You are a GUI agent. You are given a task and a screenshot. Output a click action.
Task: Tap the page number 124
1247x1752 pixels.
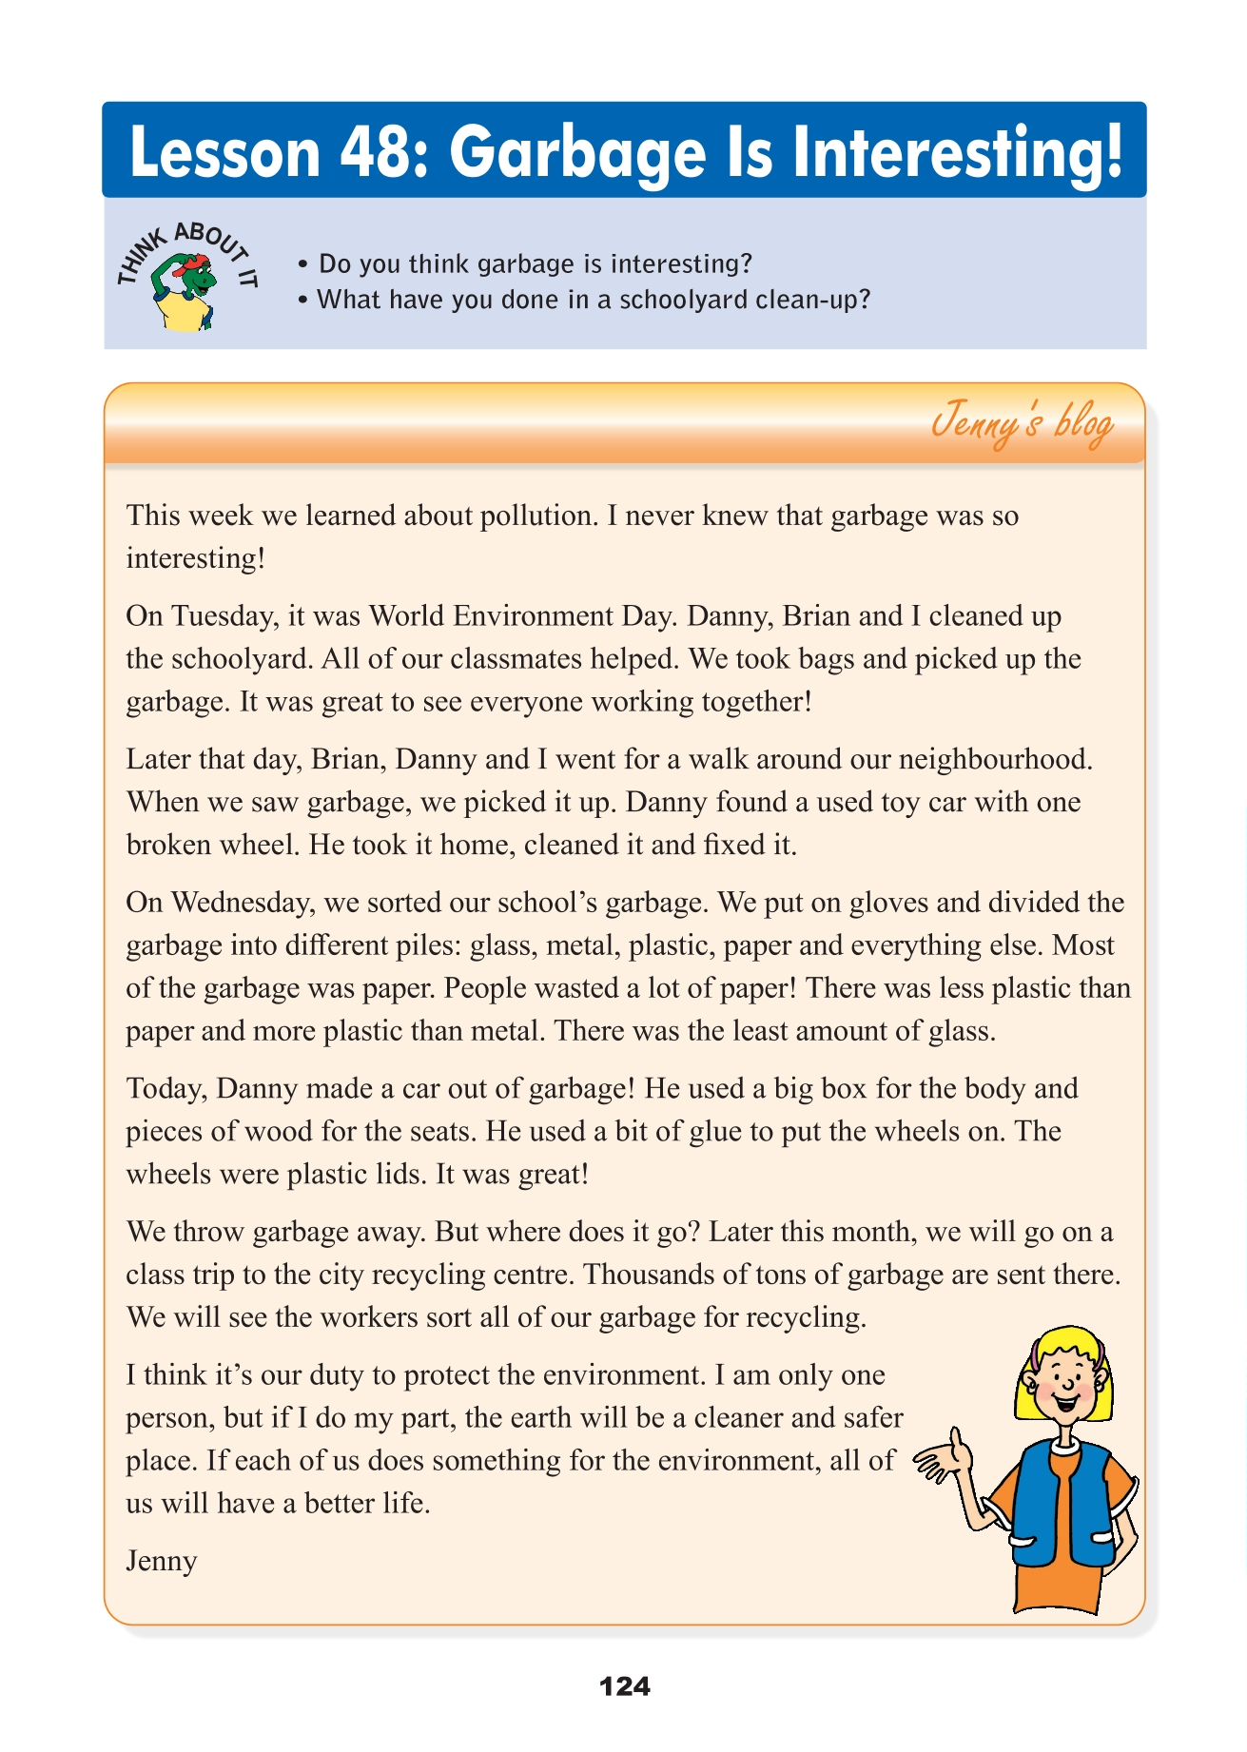[625, 1686]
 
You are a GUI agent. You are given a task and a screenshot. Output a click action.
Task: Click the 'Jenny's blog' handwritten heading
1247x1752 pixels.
[1022, 423]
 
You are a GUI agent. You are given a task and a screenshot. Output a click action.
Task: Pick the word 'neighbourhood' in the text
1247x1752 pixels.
[994, 759]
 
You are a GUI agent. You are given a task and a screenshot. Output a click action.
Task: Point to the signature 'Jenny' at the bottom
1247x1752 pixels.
[162, 1561]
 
